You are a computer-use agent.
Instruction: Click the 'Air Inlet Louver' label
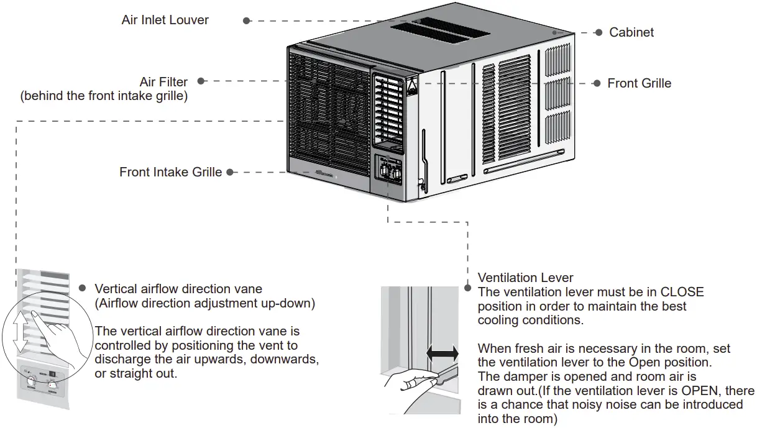coord(165,20)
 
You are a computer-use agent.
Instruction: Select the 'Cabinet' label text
coord(631,32)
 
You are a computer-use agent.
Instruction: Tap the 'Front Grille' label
coord(639,83)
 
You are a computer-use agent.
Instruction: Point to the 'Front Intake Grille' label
coord(170,172)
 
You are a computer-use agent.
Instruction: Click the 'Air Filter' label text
coord(163,82)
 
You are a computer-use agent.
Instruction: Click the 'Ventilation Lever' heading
coord(525,278)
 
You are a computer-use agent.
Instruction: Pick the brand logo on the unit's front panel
coord(324,175)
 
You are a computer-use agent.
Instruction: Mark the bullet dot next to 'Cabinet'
coord(599,32)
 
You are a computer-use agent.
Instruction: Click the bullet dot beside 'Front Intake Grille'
coord(230,172)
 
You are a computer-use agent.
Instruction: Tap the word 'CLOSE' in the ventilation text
coord(682,292)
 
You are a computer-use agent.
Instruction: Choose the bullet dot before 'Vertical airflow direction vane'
coord(82,289)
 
